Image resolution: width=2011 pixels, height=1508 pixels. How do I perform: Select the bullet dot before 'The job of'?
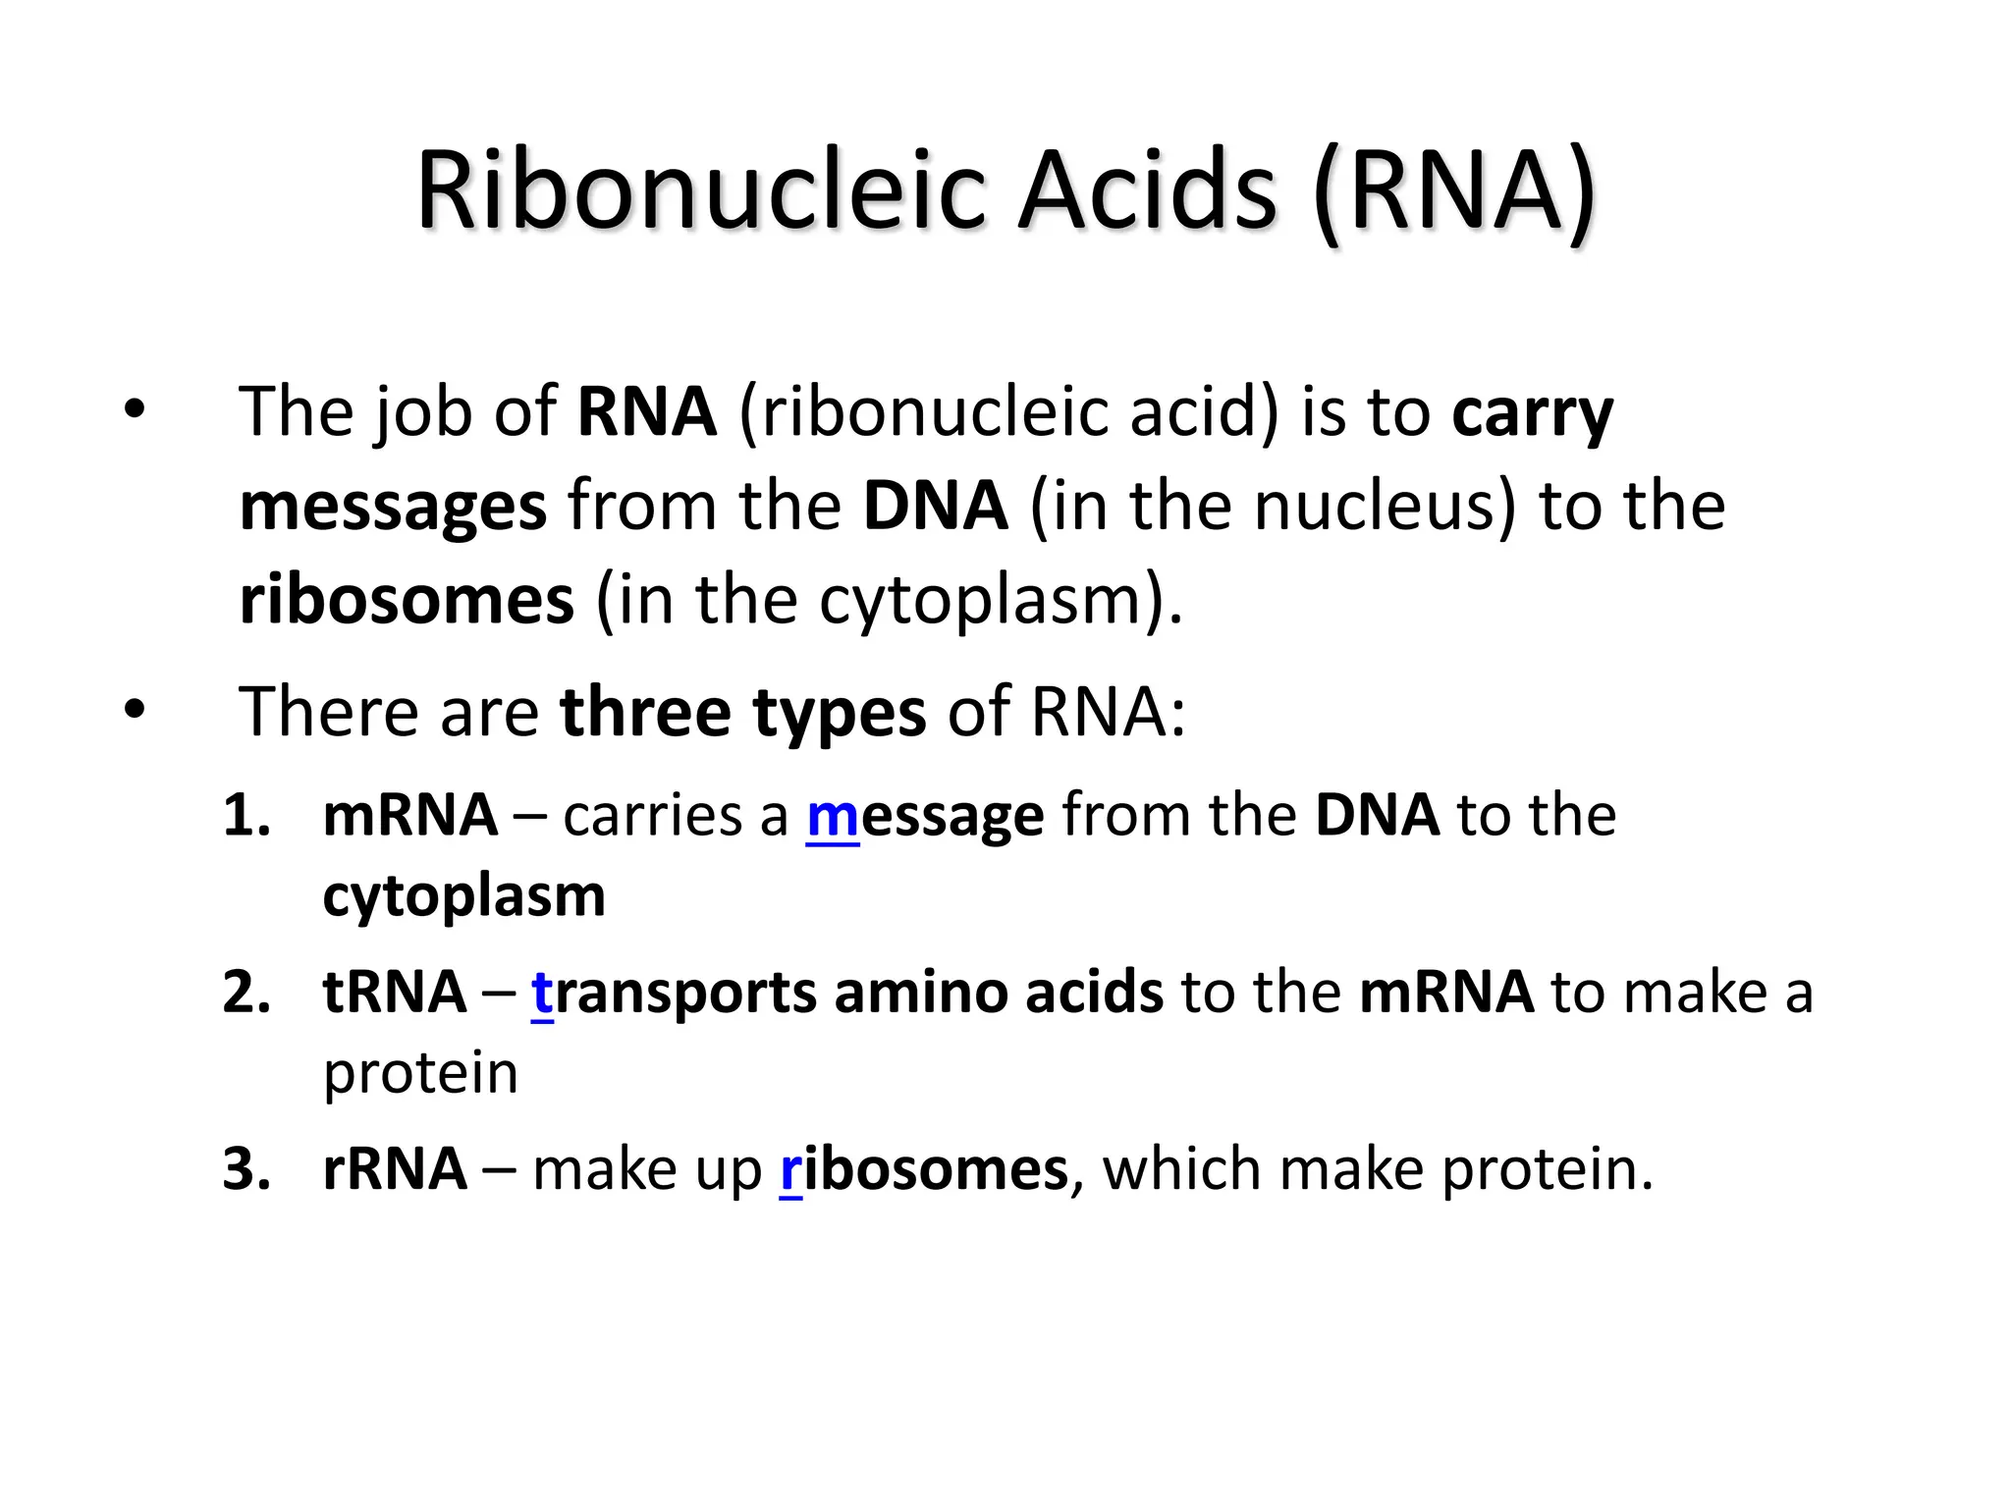(x=135, y=409)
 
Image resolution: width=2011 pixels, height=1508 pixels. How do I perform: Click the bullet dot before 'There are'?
(x=135, y=709)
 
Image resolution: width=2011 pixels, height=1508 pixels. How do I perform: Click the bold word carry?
(x=1532, y=412)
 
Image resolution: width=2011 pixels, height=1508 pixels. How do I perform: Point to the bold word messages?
(x=393, y=508)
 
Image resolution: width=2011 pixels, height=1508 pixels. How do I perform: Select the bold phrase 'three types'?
(x=742, y=711)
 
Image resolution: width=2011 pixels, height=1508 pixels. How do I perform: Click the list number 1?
(x=245, y=816)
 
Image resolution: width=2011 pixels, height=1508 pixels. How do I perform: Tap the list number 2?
(x=245, y=993)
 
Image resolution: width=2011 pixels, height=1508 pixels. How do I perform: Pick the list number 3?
(x=245, y=1169)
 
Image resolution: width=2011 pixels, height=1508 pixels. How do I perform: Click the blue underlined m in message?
(x=833, y=816)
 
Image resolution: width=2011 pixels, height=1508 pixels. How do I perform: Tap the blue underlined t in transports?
(x=542, y=993)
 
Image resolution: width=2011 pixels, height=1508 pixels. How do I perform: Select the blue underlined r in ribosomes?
(x=790, y=1169)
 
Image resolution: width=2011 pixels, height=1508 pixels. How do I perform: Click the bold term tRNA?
(x=394, y=993)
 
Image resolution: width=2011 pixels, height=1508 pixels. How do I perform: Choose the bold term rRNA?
(x=394, y=1169)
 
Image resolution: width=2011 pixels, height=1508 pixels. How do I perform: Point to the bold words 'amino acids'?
(x=999, y=993)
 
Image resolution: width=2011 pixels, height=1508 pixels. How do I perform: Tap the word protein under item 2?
(x=420, y=1074)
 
